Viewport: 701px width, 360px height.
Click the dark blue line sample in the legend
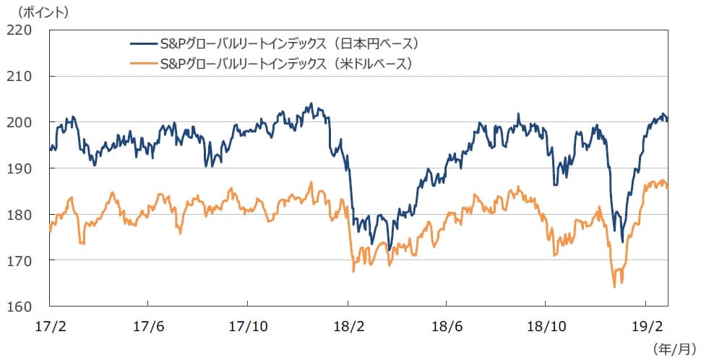tap(141, 43)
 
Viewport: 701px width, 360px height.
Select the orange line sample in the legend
tap(141, 64)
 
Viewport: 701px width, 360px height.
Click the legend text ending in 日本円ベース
tap(291, 43)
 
